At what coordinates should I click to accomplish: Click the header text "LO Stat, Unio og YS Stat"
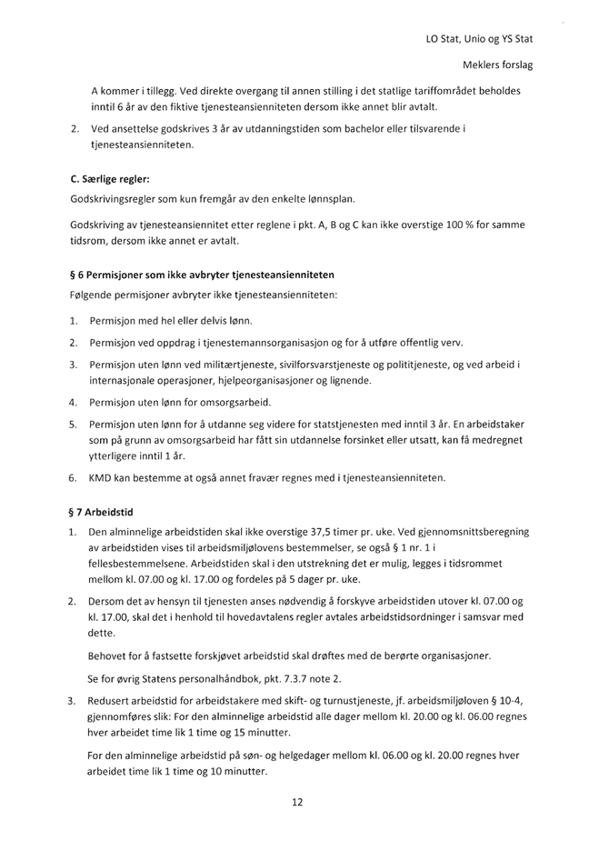pos(478,39)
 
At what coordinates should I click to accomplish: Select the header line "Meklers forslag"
pos(498,66)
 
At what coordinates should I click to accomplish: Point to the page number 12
pos(296,803)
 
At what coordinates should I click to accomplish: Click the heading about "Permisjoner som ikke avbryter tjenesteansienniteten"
pos(202,275)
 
